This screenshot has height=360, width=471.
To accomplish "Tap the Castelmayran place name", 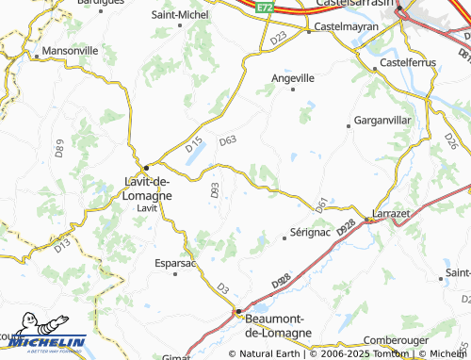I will (345, 27).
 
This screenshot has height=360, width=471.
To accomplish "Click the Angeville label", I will (293, 78).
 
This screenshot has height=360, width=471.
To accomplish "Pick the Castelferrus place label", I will (404, 62).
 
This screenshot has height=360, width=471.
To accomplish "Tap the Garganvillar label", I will (383, 122).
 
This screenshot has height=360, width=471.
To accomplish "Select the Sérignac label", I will (313, 233).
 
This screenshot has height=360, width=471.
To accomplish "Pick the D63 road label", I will (227, 140).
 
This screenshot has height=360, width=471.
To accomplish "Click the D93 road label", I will (215, 190).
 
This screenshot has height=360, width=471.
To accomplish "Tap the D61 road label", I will (321, 203).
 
